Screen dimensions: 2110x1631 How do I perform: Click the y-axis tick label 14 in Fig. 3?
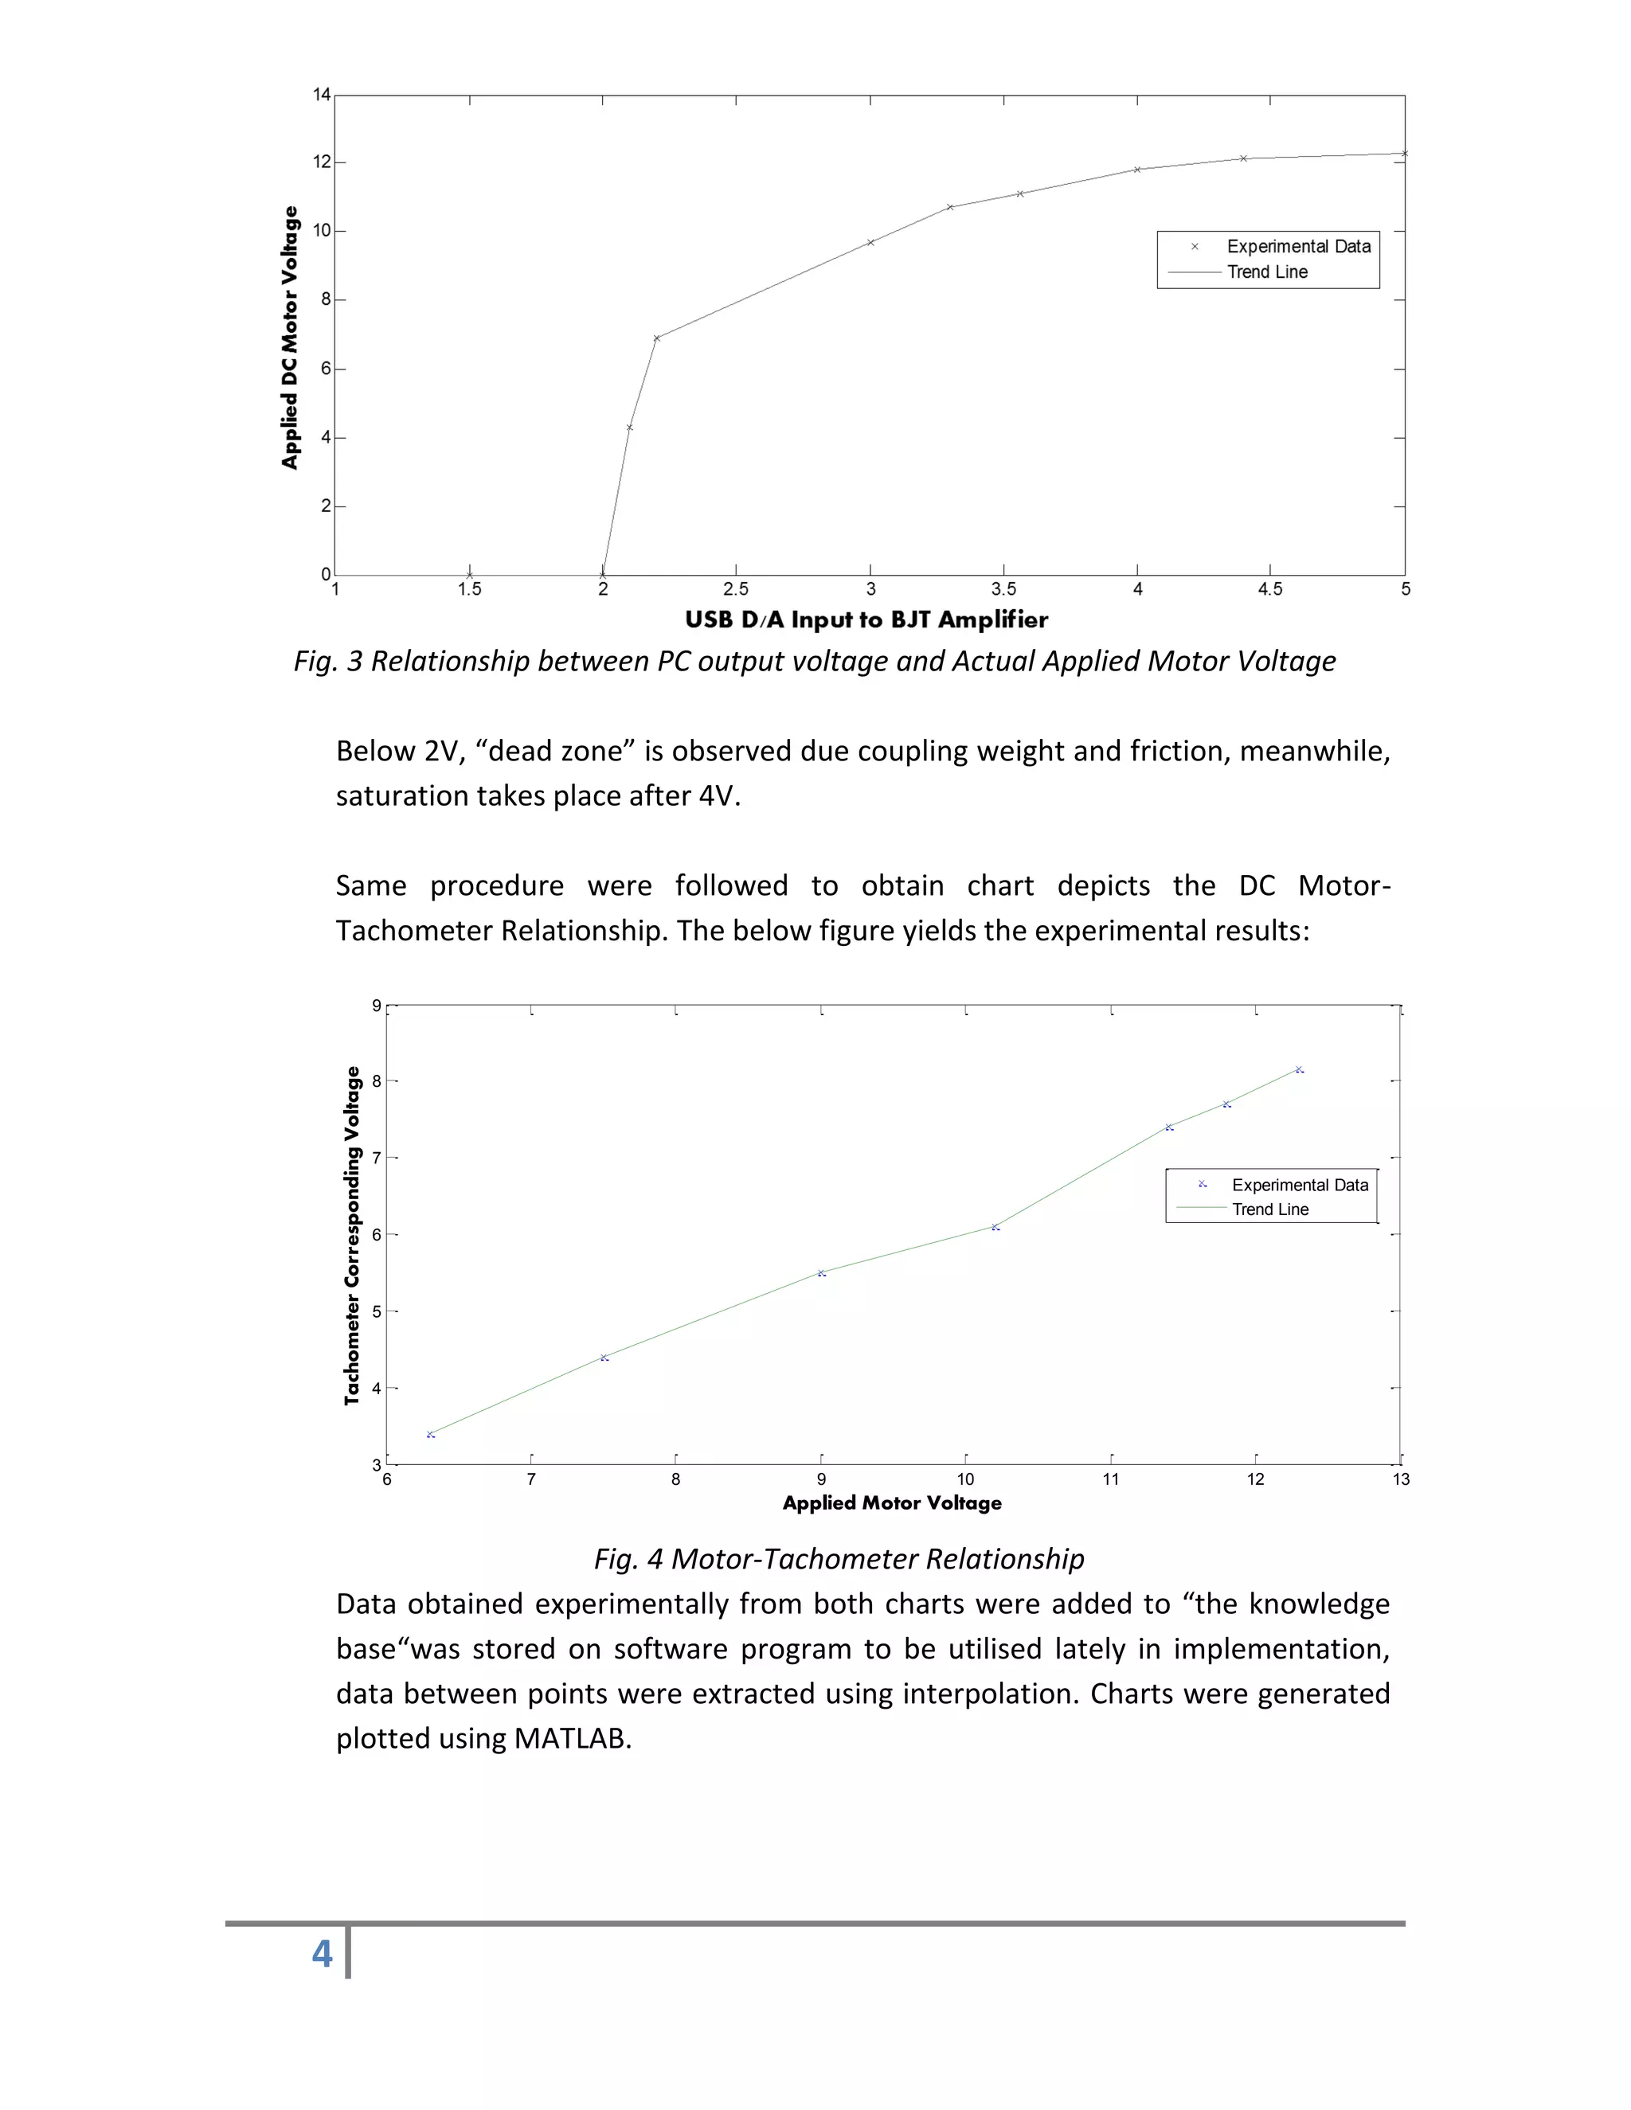tap(322, 95)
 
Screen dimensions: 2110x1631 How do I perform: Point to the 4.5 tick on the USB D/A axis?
tap(1269, 589)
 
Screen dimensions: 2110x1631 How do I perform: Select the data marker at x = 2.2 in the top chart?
tap(657, 338)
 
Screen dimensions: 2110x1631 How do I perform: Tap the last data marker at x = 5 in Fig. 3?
tap(1404, 154)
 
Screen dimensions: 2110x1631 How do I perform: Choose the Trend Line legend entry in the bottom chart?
tap(1269, 1209)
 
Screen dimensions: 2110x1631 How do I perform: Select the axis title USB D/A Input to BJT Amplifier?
tap(866, 620)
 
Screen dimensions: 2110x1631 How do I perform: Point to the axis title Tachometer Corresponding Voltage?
tap(352, 1236)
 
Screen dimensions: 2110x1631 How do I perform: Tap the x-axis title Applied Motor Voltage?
tap(892, 1503)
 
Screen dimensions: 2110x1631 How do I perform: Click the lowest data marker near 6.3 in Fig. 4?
tap(431, 1435)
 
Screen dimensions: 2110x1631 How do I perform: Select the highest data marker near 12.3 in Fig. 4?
tap(1300, 1069)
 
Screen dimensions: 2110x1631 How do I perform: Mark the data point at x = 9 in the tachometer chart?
tap(821, 1273)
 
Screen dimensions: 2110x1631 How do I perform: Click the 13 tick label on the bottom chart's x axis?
tap(1400, 1479)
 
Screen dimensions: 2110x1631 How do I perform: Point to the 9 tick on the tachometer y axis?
tap(377, 1006)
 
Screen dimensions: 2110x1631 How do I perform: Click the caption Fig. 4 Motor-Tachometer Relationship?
tap(839, 1558)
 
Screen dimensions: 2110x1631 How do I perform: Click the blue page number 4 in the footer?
tap(322, 1953)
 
